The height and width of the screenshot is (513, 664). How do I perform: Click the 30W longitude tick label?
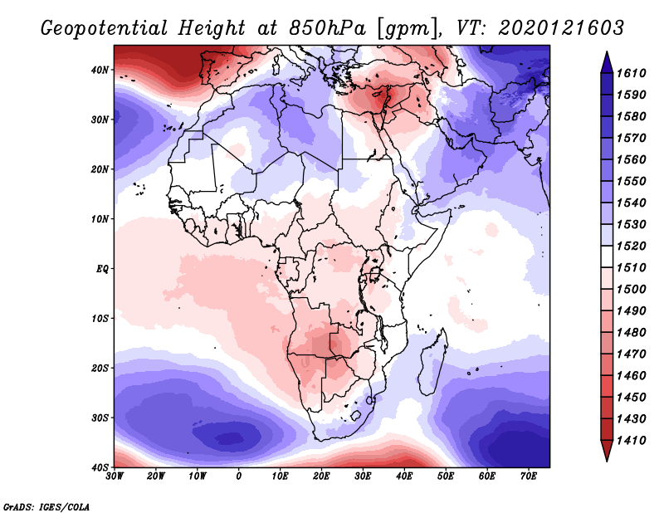[115, 477]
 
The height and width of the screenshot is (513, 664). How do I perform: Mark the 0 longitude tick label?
[239, 477]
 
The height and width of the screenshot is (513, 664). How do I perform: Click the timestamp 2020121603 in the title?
[562, 27]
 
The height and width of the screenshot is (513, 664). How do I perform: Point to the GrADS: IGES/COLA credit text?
[46, 506]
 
